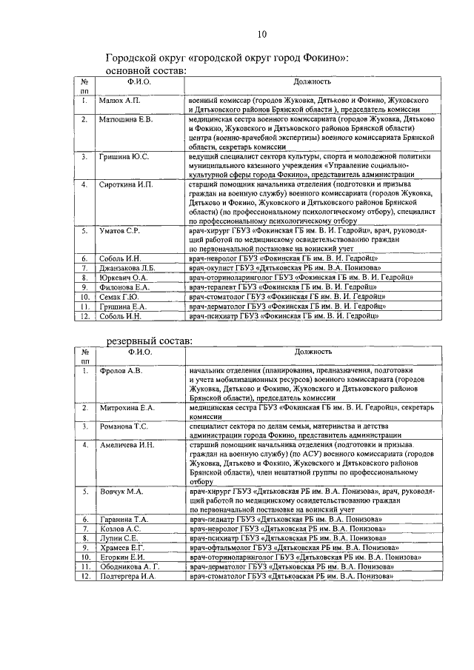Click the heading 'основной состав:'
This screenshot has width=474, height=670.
tap(146, 70)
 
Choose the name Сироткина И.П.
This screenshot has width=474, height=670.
tap(126, 184)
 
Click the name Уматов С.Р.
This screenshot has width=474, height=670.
tap(120, 232)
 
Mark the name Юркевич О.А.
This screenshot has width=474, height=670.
tap(124, 278)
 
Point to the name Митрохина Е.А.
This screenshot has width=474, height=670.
tap(127, 408)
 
